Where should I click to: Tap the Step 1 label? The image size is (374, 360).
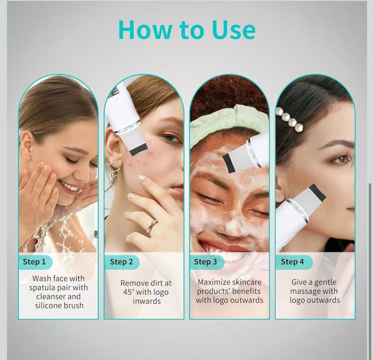34,262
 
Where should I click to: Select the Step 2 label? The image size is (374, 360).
121,262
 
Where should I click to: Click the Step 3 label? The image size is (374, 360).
205,262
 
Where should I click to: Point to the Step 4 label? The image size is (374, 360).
292,262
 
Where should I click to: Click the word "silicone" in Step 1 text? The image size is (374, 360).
50,306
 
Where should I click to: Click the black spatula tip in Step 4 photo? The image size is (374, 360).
317,193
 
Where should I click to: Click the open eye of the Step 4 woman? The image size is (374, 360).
340,159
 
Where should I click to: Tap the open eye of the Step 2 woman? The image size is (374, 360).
171,139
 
